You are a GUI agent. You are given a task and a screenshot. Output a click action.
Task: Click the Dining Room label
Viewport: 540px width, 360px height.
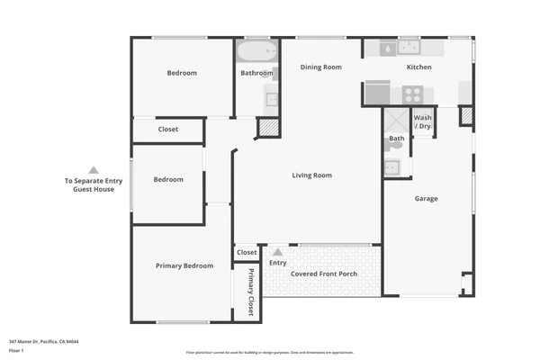click(x=320, y=67)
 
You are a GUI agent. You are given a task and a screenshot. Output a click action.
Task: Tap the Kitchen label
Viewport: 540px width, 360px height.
click(x=418, y=67)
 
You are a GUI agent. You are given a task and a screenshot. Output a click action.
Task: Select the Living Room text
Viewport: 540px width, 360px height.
click(x=311, y=175)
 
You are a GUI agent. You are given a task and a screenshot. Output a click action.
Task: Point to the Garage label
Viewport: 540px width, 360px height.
click(x=426, y=198)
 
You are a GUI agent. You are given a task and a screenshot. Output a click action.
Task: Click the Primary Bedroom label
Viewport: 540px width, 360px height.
click(x=184, y=265)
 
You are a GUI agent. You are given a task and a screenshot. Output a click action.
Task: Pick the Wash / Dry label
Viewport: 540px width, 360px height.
click(x=422, y=121)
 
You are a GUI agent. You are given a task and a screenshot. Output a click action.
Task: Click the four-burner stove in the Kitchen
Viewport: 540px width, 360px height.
click(x=412, y=93)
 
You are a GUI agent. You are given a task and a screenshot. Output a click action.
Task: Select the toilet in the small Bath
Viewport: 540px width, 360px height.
click(x=395, y=145)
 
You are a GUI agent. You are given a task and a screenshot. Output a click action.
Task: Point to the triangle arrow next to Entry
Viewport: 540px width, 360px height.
click(x=277, y=252)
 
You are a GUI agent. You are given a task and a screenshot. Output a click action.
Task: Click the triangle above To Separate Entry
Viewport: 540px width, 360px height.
click(x=93, y=169)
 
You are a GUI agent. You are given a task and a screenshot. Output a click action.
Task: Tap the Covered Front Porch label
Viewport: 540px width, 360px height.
click(x=323, y=274)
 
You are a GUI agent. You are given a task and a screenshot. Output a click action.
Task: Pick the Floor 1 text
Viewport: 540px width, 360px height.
click(x=17, y=351)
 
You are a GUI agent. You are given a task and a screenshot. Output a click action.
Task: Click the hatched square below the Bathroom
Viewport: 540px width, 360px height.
click(x=268, y=128)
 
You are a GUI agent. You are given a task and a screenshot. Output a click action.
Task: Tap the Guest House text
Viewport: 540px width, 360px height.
click(x=93, y=190)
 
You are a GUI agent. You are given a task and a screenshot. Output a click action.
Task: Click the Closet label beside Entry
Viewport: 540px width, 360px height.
click(x=247, y=253)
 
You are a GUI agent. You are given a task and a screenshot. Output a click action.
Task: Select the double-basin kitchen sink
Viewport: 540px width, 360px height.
click(x=409, y=47)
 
